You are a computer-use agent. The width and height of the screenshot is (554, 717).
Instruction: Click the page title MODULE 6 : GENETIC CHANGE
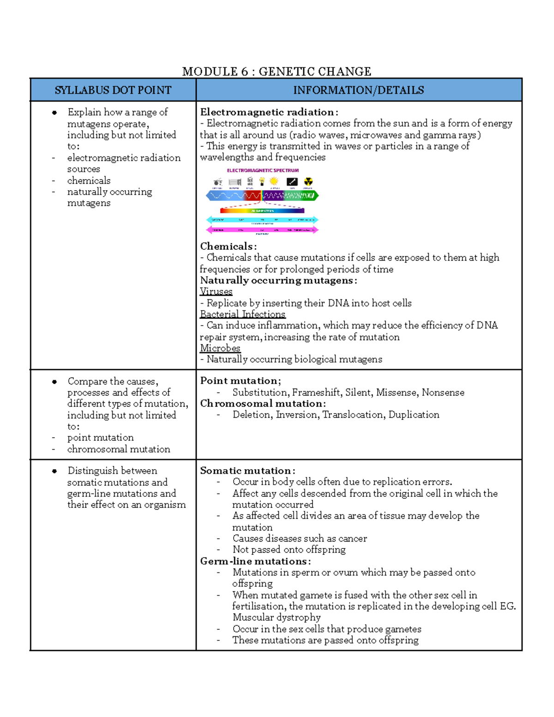point(277,72)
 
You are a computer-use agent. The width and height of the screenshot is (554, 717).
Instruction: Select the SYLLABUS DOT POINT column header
point(113,90)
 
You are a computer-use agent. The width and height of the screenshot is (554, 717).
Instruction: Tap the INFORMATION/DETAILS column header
point(358,90)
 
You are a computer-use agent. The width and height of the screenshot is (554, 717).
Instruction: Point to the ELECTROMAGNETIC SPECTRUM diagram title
point(263,170)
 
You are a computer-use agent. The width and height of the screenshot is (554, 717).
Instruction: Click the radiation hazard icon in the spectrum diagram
point(308,181)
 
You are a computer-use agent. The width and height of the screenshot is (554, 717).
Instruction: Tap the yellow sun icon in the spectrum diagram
point(274,181)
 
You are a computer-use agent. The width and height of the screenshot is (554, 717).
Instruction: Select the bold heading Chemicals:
point(228,247)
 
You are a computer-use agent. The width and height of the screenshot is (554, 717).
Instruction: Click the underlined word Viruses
point(216,292)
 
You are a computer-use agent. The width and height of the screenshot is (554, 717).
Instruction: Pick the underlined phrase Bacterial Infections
point(242,314)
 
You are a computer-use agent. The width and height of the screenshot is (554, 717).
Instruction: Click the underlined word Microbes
point(220,348)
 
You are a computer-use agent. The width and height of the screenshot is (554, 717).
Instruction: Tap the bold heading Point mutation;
point(240,381)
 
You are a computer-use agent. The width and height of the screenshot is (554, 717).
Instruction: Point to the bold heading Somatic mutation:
point(247,471)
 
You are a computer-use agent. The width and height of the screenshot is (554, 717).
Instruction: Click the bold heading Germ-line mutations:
point(255,561)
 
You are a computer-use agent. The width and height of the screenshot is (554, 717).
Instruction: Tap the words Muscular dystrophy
point(276,617)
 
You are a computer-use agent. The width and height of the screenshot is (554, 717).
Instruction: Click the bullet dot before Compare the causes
point(54,382)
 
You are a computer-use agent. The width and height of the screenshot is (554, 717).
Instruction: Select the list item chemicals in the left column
point(89,181)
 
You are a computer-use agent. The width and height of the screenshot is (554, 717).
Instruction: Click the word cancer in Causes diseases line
point(353,538)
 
